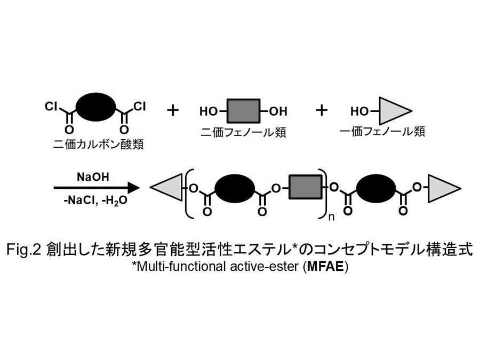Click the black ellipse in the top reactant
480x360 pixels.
click(96, 108)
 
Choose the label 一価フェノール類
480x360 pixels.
click(383, 130)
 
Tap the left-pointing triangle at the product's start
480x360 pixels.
click(167, 188)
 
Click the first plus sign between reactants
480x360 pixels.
click(172, 110)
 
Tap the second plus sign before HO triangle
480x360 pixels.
click(321, 110)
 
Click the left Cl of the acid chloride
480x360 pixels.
click(52, 107)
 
